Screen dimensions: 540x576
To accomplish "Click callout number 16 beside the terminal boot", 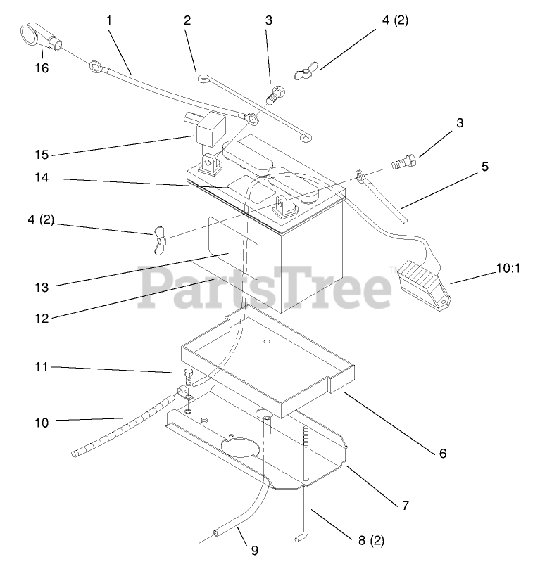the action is [x=42, y=68].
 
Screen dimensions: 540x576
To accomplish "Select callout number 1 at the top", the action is [x=109, y=20].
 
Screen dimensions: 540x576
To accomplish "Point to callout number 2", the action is [x=187, y=20].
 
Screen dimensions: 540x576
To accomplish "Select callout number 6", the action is [x=443, y=454].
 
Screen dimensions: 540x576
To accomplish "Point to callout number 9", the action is [x=255, y=551].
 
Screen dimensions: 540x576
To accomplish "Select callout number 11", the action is [x=42, y=367].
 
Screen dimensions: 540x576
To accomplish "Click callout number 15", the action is [x=42, y=154].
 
